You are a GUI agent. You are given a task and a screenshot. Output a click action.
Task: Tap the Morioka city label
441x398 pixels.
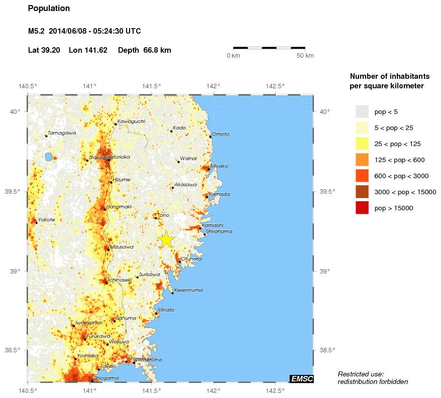tap(121, 157)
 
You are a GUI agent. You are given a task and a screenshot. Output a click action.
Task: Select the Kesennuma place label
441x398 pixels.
tap(188, 290)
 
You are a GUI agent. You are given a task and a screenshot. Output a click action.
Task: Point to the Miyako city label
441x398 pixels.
tap(219, 166)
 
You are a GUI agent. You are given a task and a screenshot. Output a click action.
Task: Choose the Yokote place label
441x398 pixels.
tap(47, 220)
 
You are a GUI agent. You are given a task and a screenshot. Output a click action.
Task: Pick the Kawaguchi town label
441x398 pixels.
tap(131, 121)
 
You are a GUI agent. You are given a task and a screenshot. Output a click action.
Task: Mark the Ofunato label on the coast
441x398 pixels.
tap(191, 259)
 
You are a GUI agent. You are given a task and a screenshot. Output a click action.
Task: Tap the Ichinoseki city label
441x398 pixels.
tap(120, 280)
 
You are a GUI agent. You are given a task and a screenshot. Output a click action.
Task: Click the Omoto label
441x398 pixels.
tap(220, 134)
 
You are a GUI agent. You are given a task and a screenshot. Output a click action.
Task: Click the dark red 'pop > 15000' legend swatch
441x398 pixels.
tap(362, 207)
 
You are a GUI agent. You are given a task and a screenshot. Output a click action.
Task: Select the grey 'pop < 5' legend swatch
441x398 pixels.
tap(362, 111)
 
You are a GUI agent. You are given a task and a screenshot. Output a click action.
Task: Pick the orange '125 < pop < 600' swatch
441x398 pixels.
tap(362, 160)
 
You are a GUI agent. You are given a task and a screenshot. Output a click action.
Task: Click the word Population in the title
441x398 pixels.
tap(49, 9)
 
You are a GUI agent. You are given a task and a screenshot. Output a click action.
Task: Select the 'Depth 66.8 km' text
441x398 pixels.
tap(150, 50)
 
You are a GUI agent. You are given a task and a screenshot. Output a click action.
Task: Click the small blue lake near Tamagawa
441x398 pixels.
tap(48, 157)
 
